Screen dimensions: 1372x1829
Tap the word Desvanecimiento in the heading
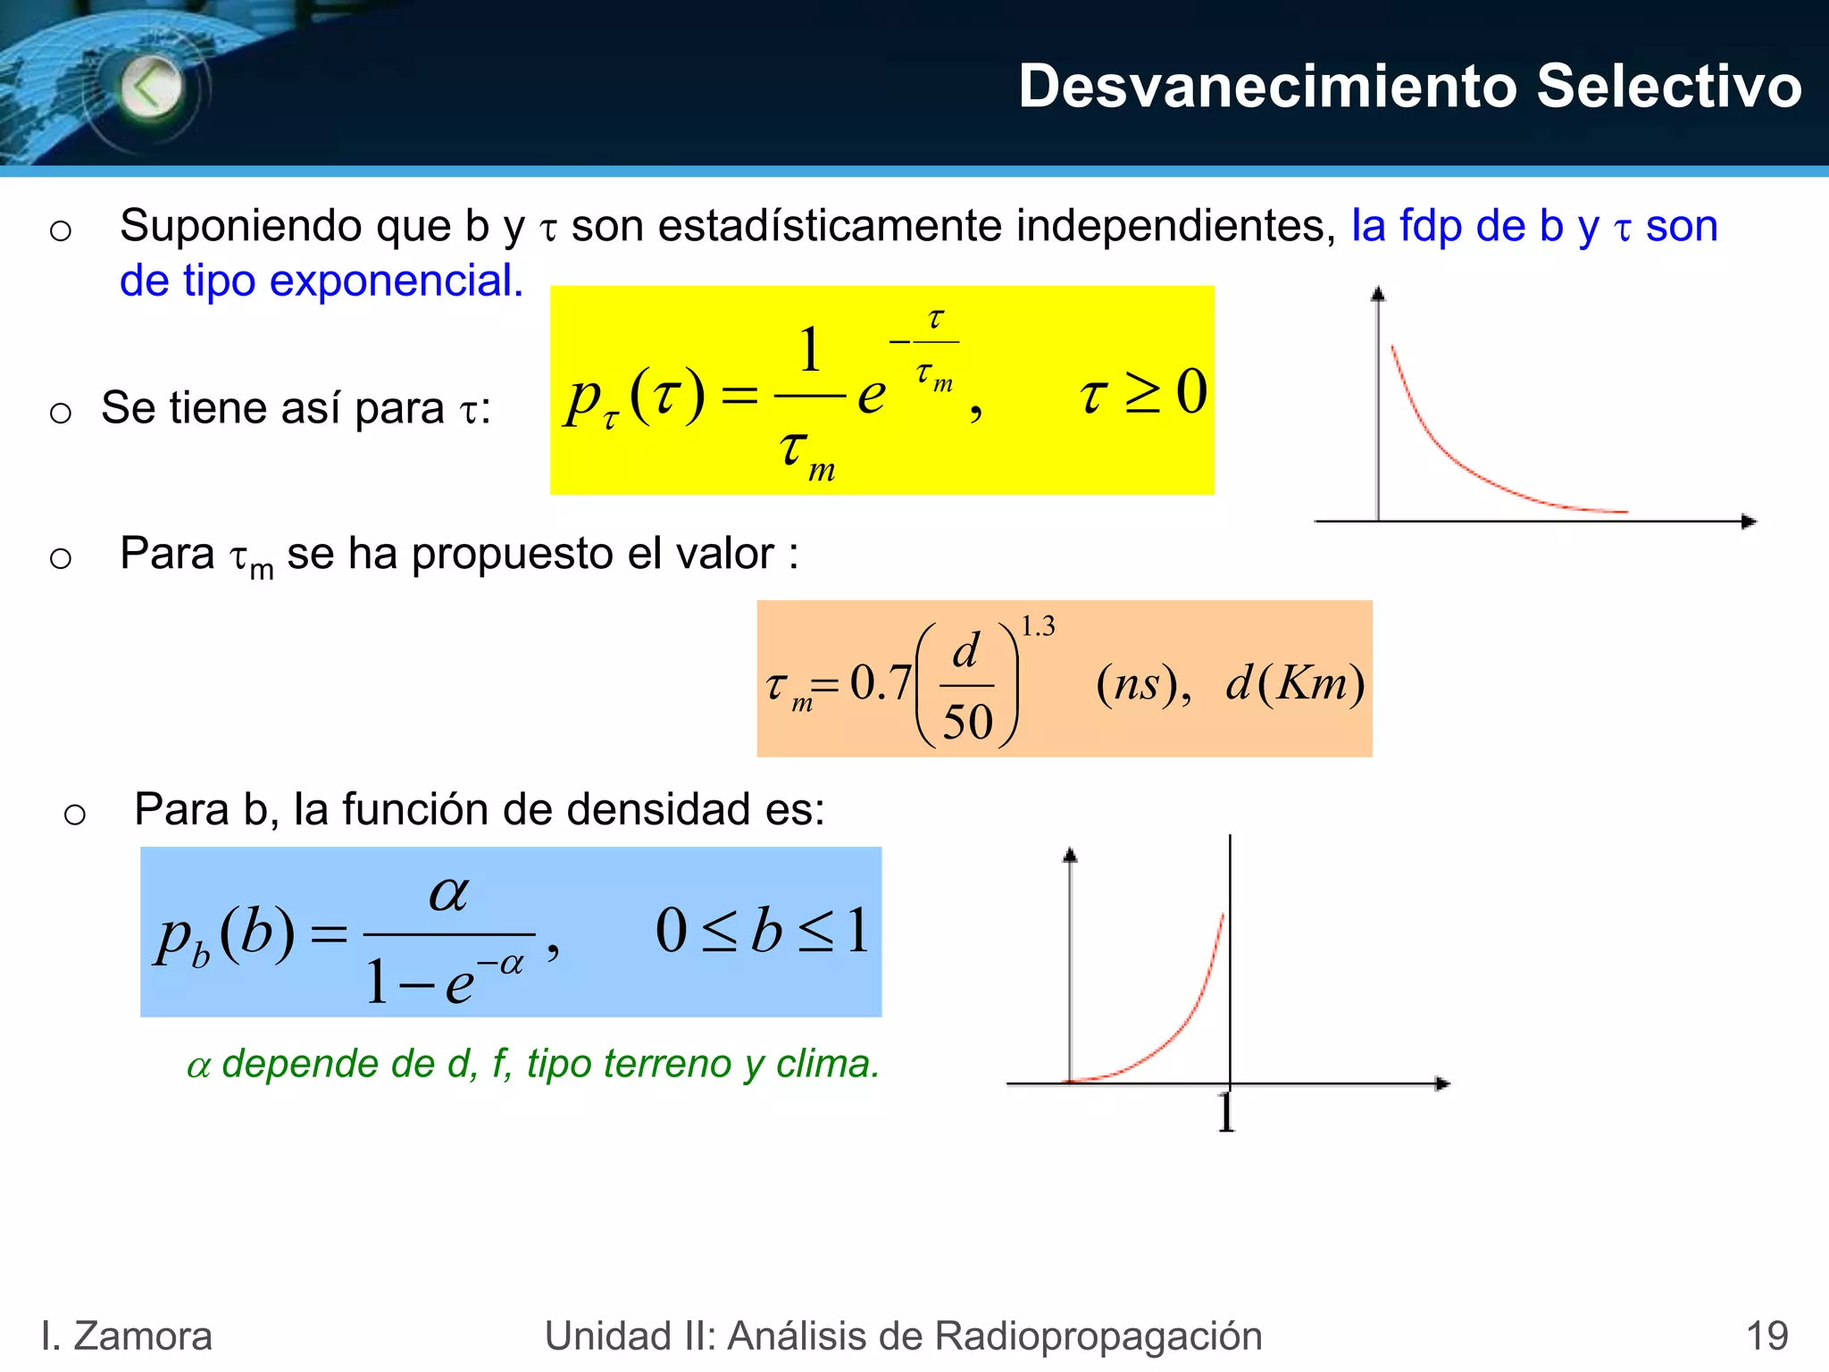[1268, 87]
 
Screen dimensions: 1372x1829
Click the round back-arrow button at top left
[150, 88]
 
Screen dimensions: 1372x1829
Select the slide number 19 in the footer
[1766, 1336]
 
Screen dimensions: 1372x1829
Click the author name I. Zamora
[127, 1336]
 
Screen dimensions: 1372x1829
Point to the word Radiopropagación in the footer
[1098, 1336]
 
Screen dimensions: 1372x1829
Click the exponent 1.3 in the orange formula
[1038, 626]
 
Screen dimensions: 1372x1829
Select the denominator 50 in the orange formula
[967, 722]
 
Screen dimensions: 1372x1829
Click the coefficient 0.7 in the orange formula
[880, 682]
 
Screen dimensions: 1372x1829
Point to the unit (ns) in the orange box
[1142, 684]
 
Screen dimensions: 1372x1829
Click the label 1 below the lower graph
[1226, 1114]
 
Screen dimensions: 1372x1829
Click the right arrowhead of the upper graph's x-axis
[1749, 522]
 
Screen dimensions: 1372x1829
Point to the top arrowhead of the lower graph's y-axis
[1070, 855]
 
